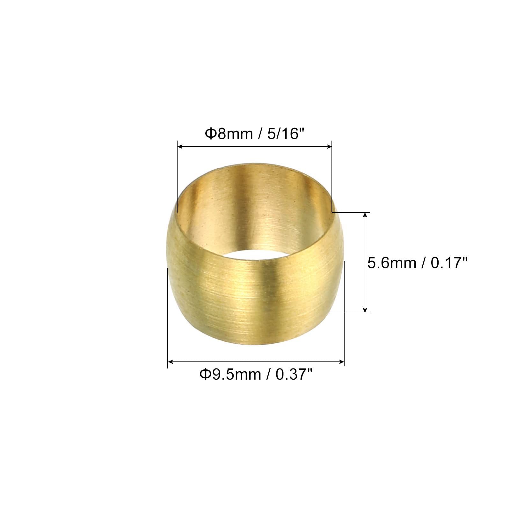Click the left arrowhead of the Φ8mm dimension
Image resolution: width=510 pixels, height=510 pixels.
(x=179, y=147)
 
